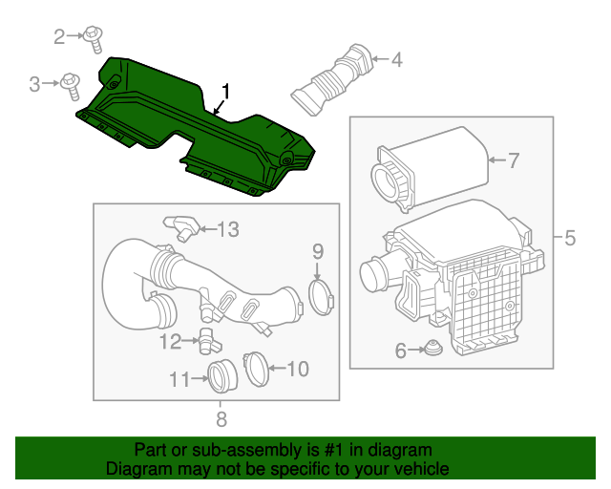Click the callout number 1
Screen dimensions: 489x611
coord(226,92)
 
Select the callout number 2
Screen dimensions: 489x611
coord(59,37)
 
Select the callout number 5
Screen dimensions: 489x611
coord(570,238)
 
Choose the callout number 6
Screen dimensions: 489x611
coord(401,351)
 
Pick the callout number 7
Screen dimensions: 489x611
coord(513,161)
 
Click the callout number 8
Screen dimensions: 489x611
coord(221,418)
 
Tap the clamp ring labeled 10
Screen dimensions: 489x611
coord(256,368)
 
